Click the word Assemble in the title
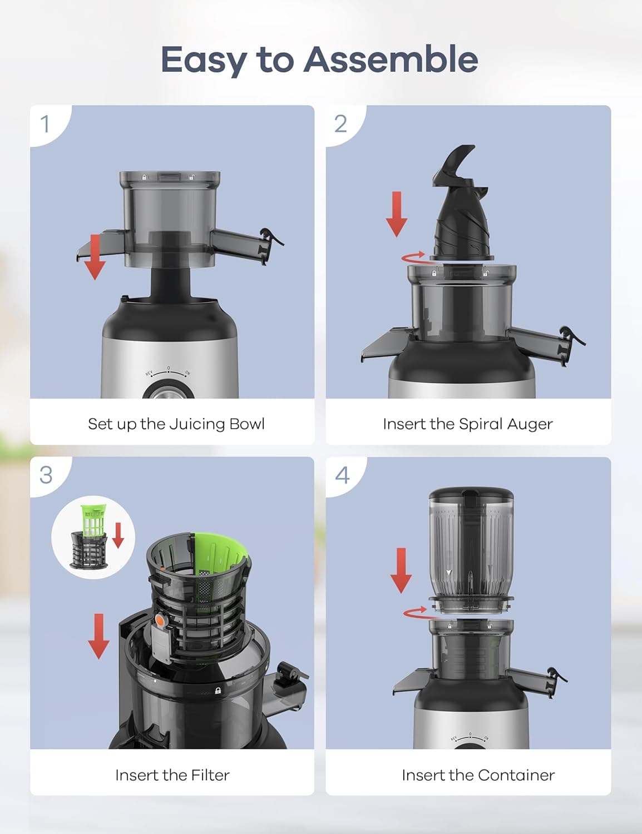[391, 59]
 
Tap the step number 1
[46, 123]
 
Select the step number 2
[340, 123]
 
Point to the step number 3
[46, 475]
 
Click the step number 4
[342, 475]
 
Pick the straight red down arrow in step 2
[396, 214]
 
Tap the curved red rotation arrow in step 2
[414, 256]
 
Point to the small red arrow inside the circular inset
[118, 535]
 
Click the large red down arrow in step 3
[98, 636]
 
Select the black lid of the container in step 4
[471, 494]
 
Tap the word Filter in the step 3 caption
[210, 775]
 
